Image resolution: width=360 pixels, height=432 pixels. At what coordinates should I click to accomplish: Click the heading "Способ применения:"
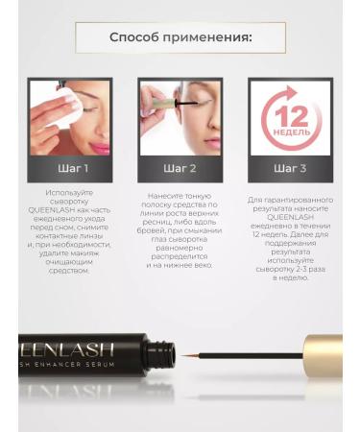tap(180, 38)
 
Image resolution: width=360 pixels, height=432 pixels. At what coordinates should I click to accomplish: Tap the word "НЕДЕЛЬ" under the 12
tap(290, 132)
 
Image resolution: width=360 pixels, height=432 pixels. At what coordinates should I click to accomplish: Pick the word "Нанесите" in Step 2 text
tap(180, 192)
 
